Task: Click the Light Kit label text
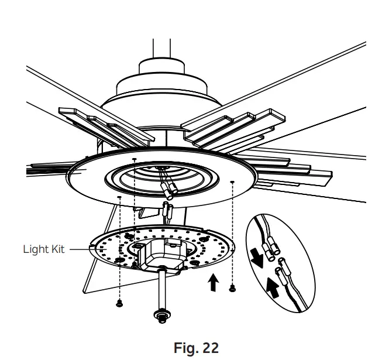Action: [x=44, y=248]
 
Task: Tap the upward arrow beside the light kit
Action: [x=214, y=283]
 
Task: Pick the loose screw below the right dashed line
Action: [x=233, y=287]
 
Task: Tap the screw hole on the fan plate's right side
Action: [x=233, y=182]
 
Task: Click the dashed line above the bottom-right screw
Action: [x=233, y=234]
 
